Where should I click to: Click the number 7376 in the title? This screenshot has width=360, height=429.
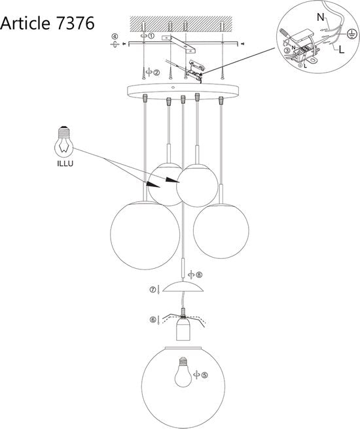point(73,23)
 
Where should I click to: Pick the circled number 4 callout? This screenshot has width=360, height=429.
point(115,37)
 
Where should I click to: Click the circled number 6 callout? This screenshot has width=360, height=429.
point(153,320)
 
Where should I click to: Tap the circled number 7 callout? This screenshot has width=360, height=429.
point(153,288)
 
